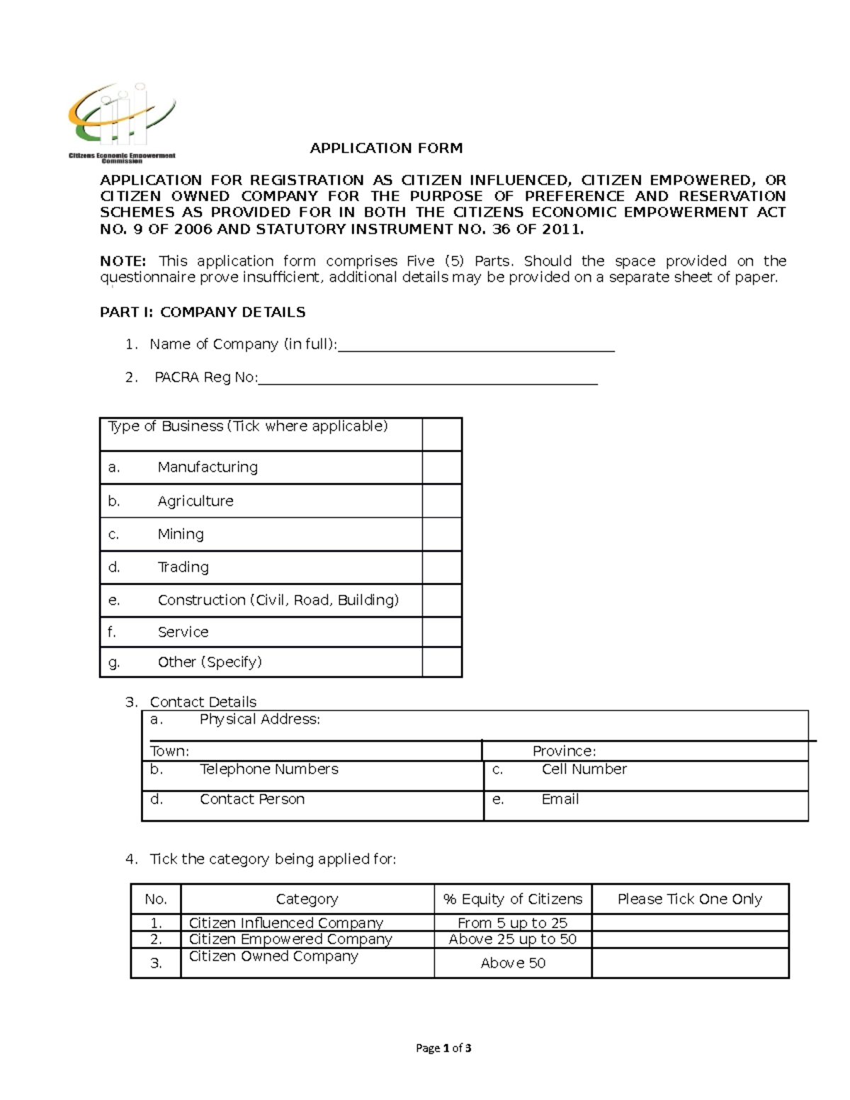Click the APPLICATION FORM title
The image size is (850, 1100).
386,148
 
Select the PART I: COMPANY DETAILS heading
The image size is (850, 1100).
203,312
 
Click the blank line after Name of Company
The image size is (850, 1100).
476,345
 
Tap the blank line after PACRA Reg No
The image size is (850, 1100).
428,378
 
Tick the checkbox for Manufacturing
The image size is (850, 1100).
442,467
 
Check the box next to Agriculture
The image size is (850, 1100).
442,501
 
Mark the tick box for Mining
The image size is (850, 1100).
442,534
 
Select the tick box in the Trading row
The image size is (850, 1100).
442,567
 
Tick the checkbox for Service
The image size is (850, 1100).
442,632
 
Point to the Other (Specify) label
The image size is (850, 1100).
209,662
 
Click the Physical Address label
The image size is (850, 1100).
259,720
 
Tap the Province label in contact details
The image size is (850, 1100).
564,751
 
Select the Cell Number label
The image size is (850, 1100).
584,769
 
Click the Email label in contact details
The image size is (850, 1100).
560,799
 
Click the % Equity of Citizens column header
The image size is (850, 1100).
512,899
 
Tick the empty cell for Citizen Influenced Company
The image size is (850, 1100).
690,922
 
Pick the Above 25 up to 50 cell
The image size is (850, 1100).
512,939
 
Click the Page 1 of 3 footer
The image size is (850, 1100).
443,1048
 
